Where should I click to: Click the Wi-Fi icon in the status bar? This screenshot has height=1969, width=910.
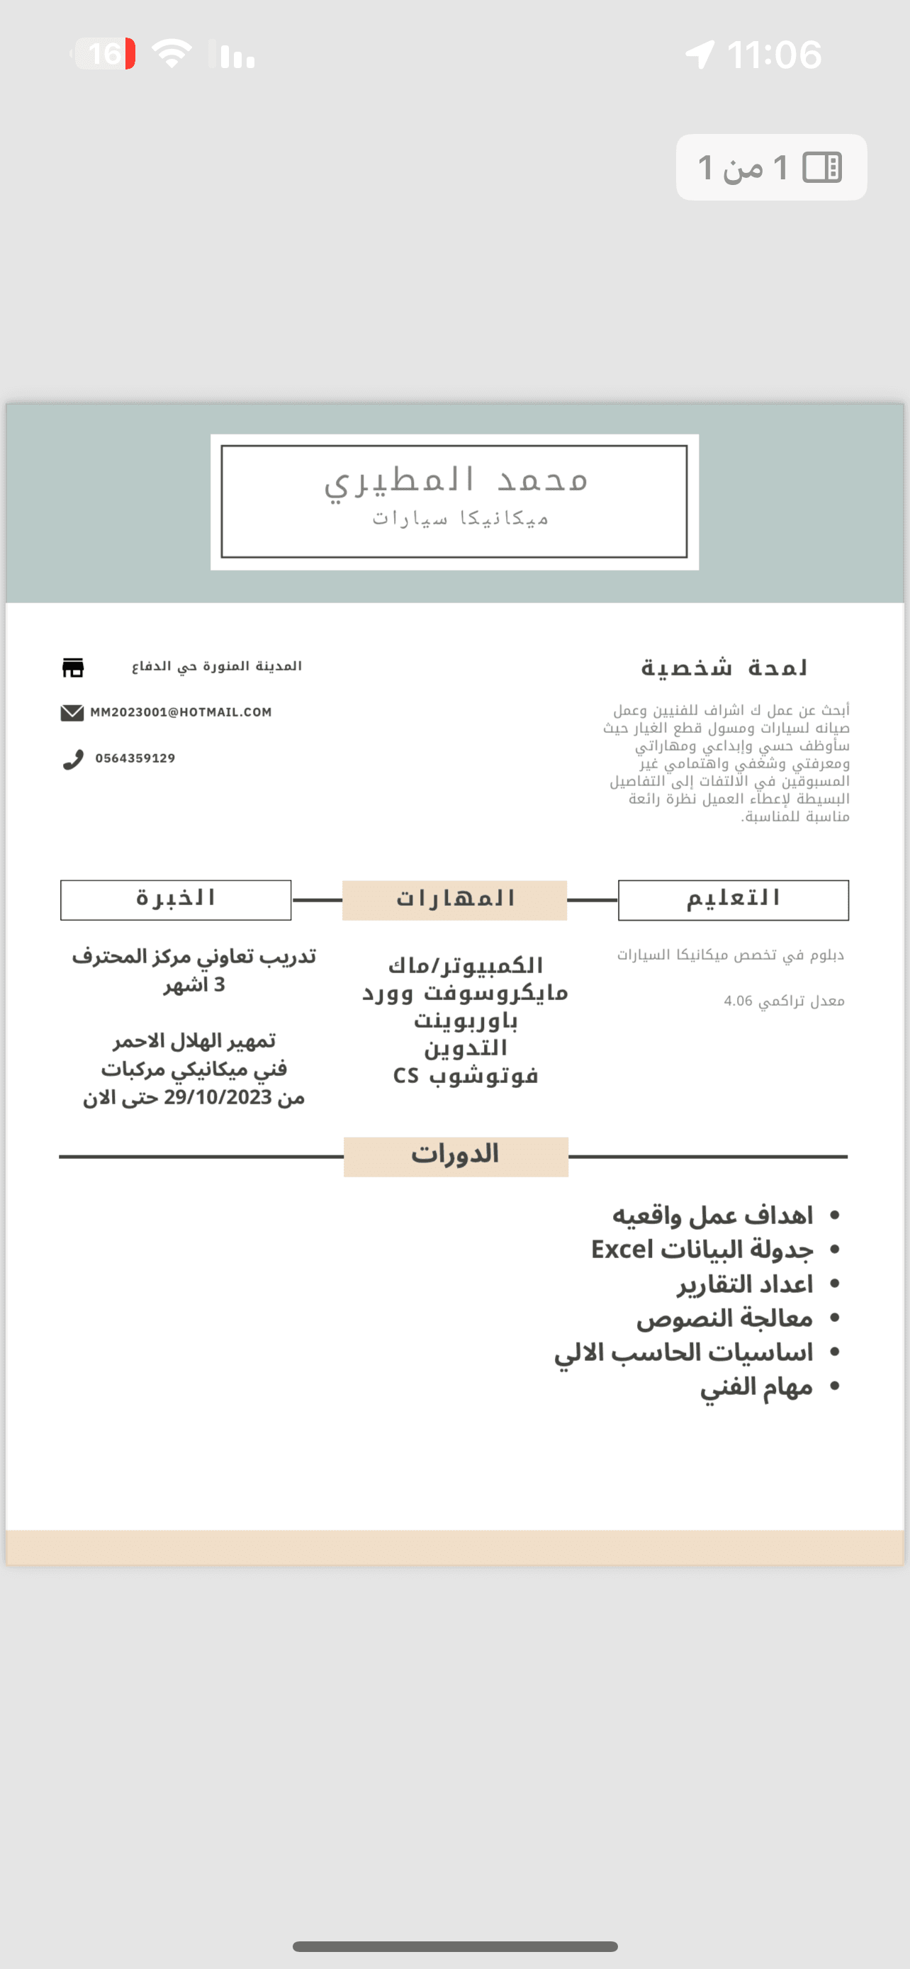point(172,53)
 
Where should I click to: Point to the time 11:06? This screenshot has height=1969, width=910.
point(774,55)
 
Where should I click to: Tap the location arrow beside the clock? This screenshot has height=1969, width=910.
point(700,55)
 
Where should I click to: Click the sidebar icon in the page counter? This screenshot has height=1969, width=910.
point(822,167)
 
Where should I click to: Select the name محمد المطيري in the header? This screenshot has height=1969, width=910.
point(456,480)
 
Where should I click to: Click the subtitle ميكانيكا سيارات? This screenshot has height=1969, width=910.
point(460,519)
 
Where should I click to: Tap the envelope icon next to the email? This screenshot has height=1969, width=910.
point(72,712)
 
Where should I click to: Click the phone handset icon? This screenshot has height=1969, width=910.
point(72,759)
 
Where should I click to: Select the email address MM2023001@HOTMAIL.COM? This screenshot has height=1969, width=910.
point(181,712)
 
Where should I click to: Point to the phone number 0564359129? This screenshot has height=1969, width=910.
point(135,758)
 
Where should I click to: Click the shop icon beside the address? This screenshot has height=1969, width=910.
point(72,667)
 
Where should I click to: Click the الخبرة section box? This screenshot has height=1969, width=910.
point(176,899)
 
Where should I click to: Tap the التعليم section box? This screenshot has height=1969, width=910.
point(733,899)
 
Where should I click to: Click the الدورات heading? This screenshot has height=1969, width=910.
point(456,1155)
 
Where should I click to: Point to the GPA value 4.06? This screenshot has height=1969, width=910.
point(738,1002)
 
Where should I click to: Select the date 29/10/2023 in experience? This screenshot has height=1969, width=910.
point(218,1098)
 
